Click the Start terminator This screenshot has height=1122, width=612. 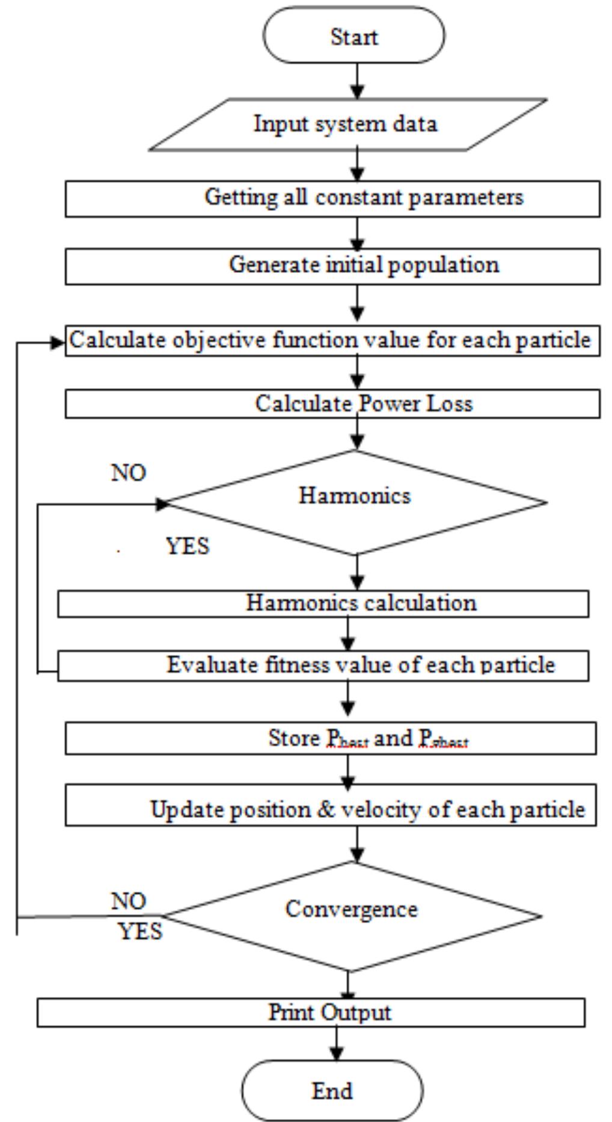(x=353, y=35)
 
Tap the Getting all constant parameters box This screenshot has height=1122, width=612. (x=332, y=198)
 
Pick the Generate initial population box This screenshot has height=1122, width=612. (x=332, y=266)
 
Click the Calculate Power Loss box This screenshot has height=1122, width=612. (x=332, y=403)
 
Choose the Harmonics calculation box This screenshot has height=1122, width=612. (x=323, y=603)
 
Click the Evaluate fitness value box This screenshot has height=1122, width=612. (x=323, y=665)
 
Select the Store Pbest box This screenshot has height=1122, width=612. (x=331, y=739)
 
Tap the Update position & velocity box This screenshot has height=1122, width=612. (x=331, y=805)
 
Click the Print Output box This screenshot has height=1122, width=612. (x=311, y=1013)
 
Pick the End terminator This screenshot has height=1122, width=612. (x=332, y=1090)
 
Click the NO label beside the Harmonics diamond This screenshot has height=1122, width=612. (x=129, y=473)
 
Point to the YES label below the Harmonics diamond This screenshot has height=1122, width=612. (x=188, y=546)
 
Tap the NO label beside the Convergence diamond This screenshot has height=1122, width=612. (x=129, y=901)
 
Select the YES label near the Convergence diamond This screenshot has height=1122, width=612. (x=140, y=931)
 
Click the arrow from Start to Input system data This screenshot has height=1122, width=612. (x=357, y=81)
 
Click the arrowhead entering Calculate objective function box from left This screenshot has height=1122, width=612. (x=58, y=343)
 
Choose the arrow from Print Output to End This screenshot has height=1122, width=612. (x=336, y=1043)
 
